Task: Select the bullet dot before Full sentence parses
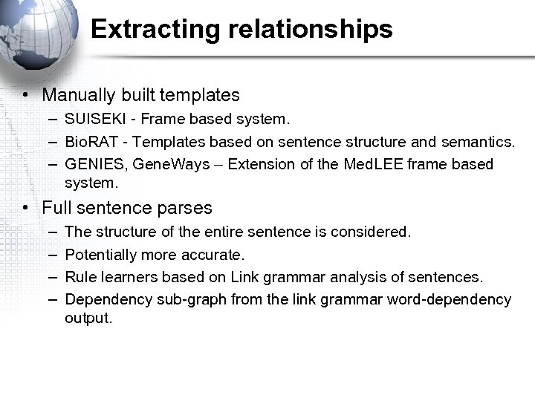pos(25,208)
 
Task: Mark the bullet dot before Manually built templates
pos(25,95)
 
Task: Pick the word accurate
pos(216,255)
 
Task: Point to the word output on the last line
pos(88,319)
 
